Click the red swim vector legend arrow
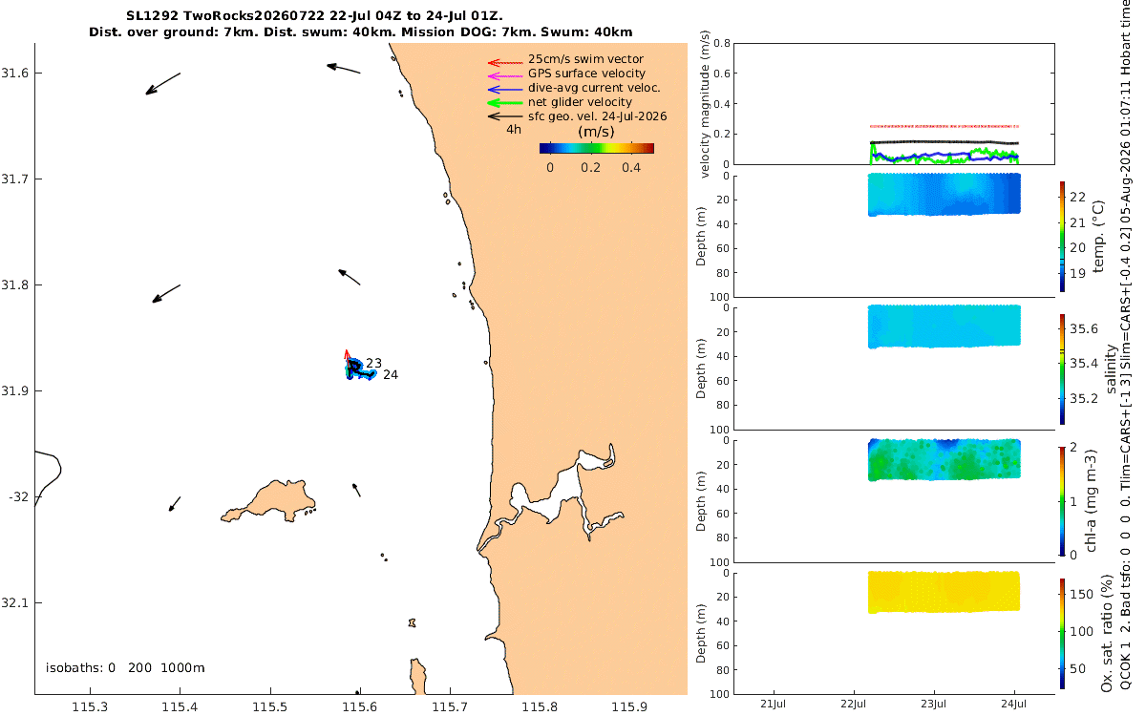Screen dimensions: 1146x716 pyautogui.click(x=505, y=63)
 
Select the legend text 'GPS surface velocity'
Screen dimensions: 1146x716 pyautogui.click(x=586, y=74)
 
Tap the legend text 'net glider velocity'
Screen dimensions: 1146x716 pyautogui.click(x=581, y=102)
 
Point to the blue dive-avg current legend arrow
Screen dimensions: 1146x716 pyautogui.click(x=505, y=90)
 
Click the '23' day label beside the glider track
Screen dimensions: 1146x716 pyautogui.click(x=374, y=363)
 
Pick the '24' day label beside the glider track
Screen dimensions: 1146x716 pyautogui.click(x=391, y=375)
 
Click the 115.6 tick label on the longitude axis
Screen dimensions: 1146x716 pyautogui.click(x=360, y=706)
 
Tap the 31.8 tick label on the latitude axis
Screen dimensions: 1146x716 pyautogui.click(x=14, y=284)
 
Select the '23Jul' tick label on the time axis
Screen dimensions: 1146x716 pyautogui.click(x=934, y=704)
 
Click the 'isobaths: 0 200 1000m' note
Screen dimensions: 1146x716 pyautogui.click(x=125, y=668)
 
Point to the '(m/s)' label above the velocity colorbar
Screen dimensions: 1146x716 pyautogui.click(x=596, y=132)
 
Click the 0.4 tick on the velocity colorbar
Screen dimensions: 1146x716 pyautogui.click(x=631, y=168)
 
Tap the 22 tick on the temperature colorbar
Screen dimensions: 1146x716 pyautogui.click(x=1077, y=197)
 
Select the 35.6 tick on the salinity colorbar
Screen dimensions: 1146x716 pyautogui.click(x=1084, y=328)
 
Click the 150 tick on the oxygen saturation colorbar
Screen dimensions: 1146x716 pyautogui.click(x=1081, y=594)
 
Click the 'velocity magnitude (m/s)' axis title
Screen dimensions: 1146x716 pyautogui.click(x=705, y=104)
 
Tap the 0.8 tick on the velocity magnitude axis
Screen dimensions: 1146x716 pyautogui.click(x=721, y=43)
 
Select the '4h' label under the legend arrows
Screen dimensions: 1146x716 pyautogui.click(x=514, y=130)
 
